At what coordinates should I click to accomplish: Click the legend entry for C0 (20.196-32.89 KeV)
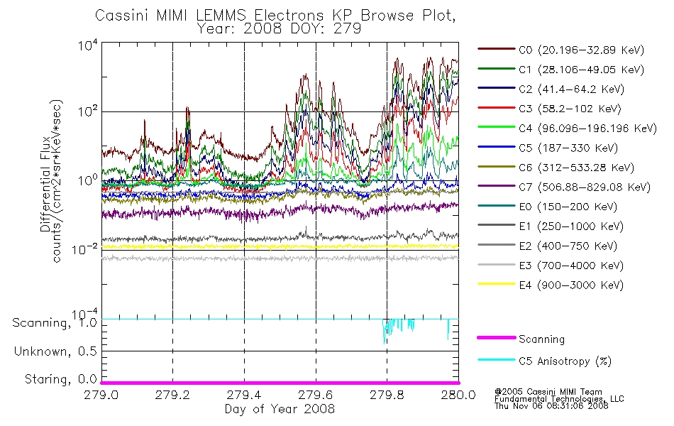561,50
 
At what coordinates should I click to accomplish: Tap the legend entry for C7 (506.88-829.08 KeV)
564,187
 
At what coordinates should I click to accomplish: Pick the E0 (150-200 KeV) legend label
568,207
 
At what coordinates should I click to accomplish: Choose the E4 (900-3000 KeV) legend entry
551,285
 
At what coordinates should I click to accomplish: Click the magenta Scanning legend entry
521,339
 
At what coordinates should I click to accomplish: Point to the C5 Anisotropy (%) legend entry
545,361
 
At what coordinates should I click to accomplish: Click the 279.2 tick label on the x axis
172,395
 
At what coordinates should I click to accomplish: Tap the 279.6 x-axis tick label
316,395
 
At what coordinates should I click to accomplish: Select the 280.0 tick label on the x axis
458,395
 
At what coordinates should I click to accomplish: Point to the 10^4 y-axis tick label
88,45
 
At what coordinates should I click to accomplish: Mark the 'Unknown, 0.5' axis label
55,351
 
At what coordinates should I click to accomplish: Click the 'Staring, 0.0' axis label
60,379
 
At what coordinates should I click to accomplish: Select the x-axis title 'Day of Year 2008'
280,409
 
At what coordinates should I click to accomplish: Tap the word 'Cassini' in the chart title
121,16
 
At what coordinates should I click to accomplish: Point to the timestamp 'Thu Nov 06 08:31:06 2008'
551,406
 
